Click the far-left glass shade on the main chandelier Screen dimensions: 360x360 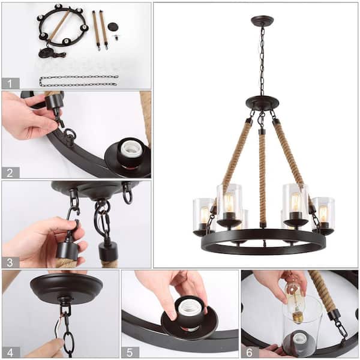(x=203, y=215)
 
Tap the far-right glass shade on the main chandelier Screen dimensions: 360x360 (x=323, y=213)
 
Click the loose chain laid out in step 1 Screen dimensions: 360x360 (x=78, y=80)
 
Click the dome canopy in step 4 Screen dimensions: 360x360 (x=66, y=288)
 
